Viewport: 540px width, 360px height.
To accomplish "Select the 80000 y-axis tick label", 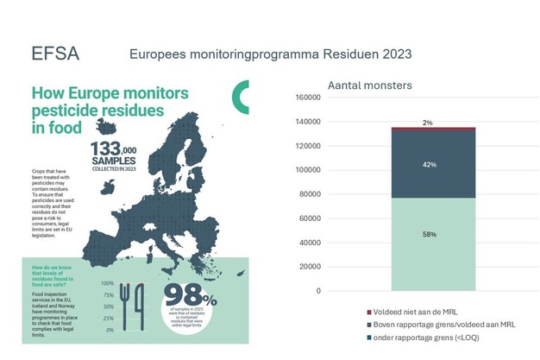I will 309,194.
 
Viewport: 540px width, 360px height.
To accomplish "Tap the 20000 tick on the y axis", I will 309,267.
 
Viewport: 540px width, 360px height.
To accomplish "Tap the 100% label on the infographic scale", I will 107,283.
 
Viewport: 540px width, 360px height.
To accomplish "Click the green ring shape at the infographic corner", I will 243,97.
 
